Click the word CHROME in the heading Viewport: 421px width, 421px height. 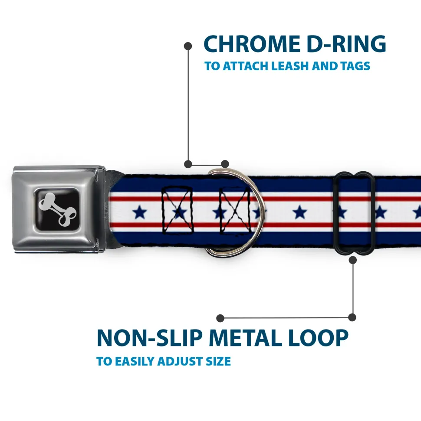tap(252, 44)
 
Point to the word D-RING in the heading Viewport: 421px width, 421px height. tap(346, 44)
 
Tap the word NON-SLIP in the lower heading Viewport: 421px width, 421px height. tap(149, 338)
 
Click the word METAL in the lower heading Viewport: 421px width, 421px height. tap(245, 338)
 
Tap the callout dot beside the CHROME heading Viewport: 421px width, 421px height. tap(188, 46)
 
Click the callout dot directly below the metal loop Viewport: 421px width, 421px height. tap(352, 260)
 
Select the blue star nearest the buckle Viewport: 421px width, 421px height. tap(140, 212)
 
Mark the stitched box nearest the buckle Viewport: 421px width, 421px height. tap(178, 210)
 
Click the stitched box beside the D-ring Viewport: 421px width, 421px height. tap(235, 210)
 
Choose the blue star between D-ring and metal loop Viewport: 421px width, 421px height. tap(300, 212)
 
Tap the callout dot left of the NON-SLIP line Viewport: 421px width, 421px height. tap(220, 318)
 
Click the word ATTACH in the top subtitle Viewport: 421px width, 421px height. tap(246, 66)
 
